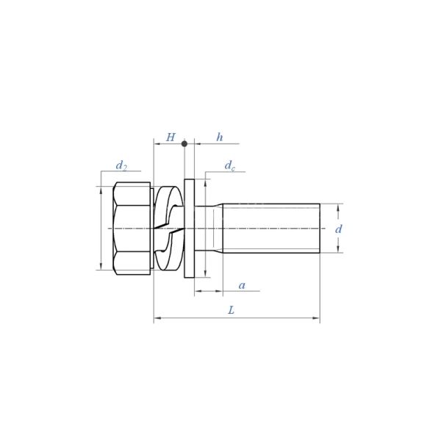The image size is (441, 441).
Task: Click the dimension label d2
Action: [121, 165]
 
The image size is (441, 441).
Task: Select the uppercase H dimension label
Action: [171, 137]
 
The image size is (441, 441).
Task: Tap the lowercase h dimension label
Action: [219, 137]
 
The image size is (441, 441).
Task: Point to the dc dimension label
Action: [230, 166]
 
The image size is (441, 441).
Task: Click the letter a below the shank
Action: [242, 285]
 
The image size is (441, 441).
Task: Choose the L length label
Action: [231, 311]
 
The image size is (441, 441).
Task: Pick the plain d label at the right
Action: [338, 229]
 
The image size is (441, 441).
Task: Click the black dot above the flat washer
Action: [184, 143]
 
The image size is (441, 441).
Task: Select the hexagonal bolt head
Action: [132, 228]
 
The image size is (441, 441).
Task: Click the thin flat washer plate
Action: [189, 228]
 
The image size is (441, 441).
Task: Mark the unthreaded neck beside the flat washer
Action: [207, 228]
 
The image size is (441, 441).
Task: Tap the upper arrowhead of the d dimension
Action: [338, 207]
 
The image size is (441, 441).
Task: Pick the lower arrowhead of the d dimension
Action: [338, 249]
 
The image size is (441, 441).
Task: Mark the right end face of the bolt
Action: [320, 228]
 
